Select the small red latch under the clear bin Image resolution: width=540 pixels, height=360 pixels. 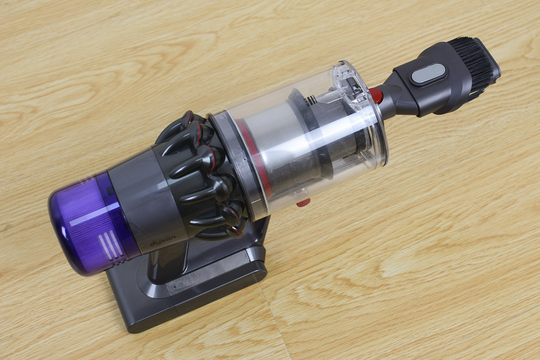coord(303,203)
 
